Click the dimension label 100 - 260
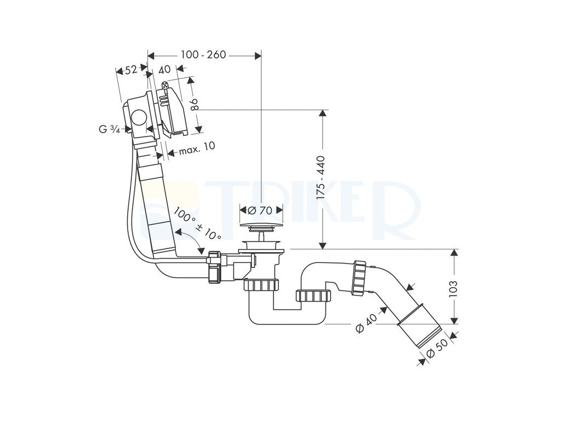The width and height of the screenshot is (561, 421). point(203,55)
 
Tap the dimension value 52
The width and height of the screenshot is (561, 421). point(131,70)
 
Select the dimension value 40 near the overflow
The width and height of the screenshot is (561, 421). point(164,70)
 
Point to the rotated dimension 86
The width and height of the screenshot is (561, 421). point(194,104)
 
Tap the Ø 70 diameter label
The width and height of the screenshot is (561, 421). point(260,210)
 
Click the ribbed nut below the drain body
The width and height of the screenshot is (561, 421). point(260,286)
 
